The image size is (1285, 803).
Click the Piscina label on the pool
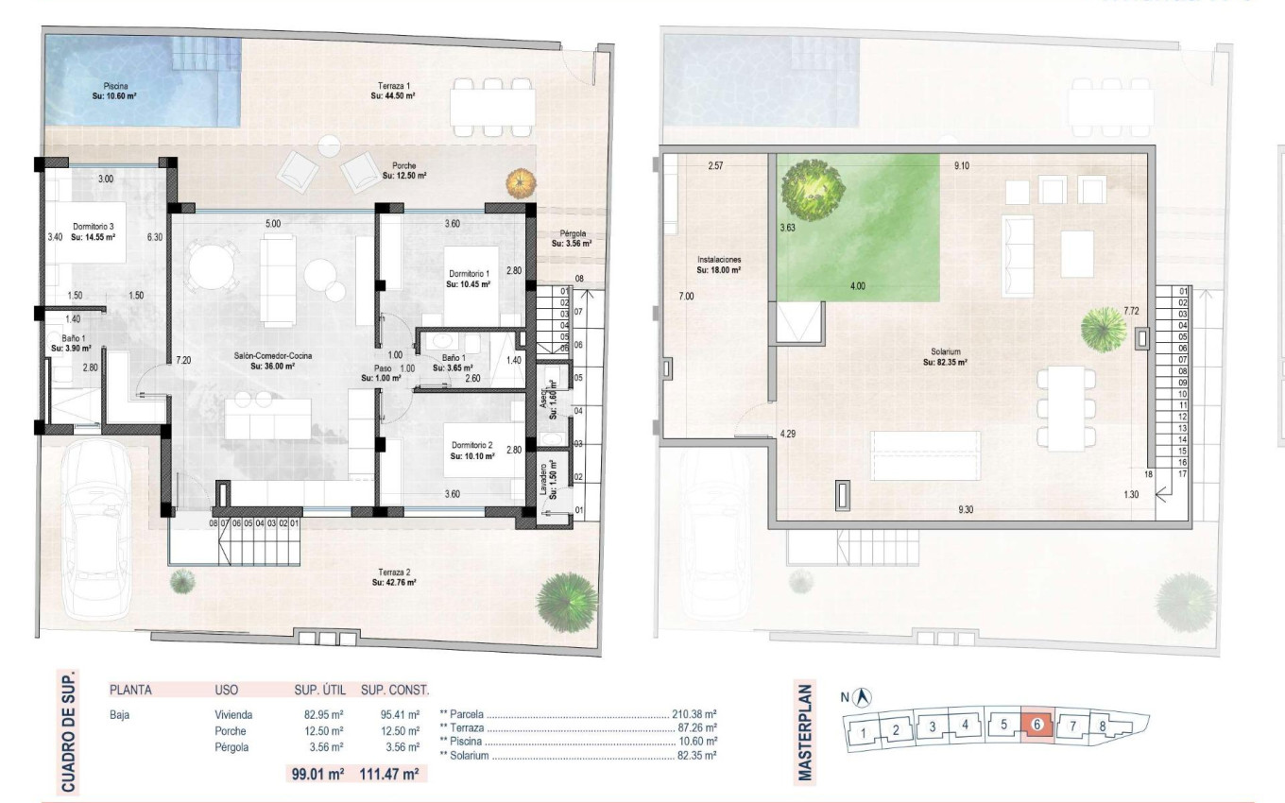click(116, 90)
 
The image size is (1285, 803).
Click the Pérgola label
click(572, 238)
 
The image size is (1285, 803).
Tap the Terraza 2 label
click(394, 577)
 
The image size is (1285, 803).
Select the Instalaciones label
click(719, 264)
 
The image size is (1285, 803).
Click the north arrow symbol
click(862, 697)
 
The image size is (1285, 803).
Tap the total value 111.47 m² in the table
click(389, 774)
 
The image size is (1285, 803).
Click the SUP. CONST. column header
click(395, 690)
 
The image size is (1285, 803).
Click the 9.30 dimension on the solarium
click(965, 510)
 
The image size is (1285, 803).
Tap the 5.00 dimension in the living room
click(272, 224)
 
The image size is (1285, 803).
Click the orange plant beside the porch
click(517, 180)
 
